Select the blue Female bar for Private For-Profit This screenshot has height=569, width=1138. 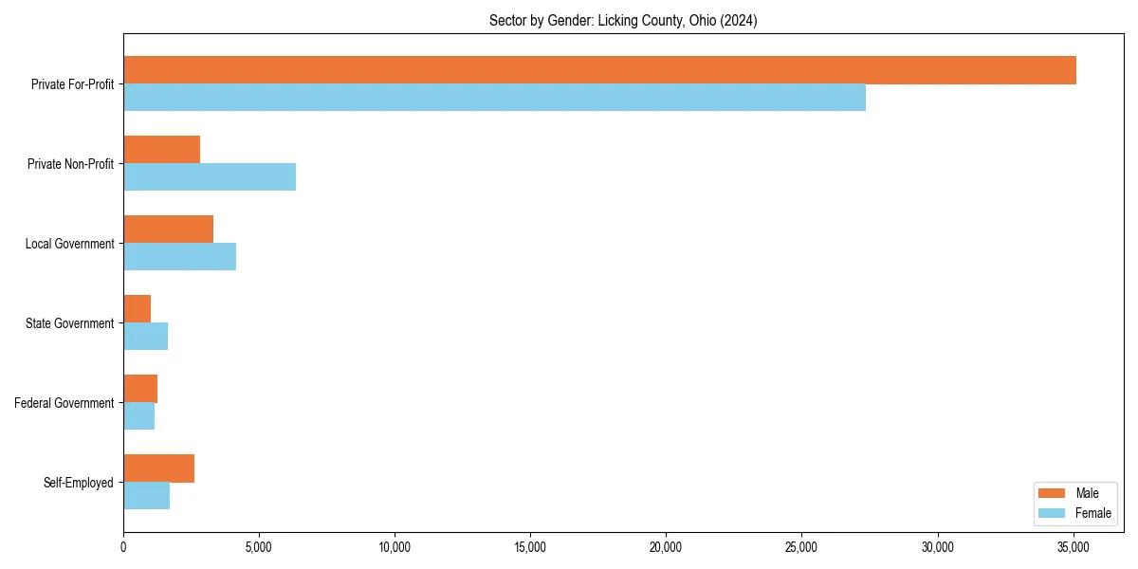(x=494, y=98)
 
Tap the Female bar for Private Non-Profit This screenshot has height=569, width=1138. (x=210, y=177)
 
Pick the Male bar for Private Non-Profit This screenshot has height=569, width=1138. (x=161, y=150)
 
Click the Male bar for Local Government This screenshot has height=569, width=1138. (x=168, y=229)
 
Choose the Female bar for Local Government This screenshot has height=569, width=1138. (x=179, y=257)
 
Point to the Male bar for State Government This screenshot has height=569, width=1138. (x=137, y=309)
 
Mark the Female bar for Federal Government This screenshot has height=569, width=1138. (x=138, y=416)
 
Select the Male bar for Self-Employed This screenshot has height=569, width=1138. (x=158, y=468)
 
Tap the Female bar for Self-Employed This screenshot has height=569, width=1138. (x=146, y=496)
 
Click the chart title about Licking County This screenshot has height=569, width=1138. (x=623, y=20)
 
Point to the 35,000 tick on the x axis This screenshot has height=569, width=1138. (x=1073, y=547)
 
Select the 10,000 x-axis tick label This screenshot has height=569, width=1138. (x=394, y=547)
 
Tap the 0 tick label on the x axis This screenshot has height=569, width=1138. (x=123, y=547)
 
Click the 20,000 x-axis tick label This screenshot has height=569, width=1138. (x=666, y=547)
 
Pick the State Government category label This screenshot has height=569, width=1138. (x=70, y=323)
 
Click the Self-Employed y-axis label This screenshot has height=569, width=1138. (x=79, y=483)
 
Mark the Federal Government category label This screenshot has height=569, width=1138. (x=64, y=403)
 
